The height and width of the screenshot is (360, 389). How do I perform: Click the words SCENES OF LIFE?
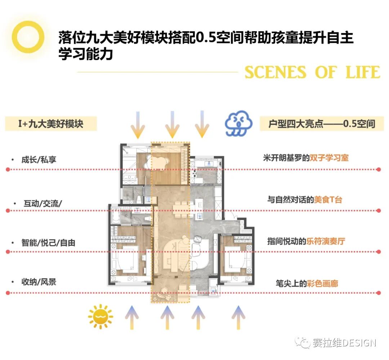[312, 72]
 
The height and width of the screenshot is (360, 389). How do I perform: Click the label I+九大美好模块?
[51, 124]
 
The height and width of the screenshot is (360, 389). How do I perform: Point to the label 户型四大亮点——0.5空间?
[322, 124]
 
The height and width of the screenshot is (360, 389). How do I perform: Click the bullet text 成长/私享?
[39, 159]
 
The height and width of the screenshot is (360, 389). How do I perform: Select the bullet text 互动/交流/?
[43, 203]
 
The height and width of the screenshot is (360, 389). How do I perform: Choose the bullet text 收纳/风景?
[39, 282]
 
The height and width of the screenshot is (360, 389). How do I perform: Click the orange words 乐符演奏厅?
[326, 241]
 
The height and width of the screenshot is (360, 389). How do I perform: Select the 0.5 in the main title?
[206, 37]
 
